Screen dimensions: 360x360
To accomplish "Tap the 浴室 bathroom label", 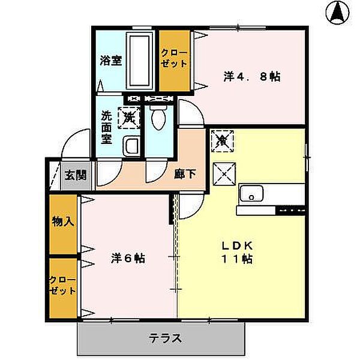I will (112, 61).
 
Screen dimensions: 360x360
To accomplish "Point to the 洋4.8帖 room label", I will (252, 77).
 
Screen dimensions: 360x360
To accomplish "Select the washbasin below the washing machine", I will (131, 145).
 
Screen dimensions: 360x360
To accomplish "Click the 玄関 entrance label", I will (76, 175).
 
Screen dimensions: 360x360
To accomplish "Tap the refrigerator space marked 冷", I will (222, 142).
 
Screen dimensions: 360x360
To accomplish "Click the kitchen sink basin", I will (252, 193).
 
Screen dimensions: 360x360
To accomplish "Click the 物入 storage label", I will (62, 221).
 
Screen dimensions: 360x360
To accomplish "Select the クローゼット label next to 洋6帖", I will (62, 286).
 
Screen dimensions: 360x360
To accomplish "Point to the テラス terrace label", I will (165, 337).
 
